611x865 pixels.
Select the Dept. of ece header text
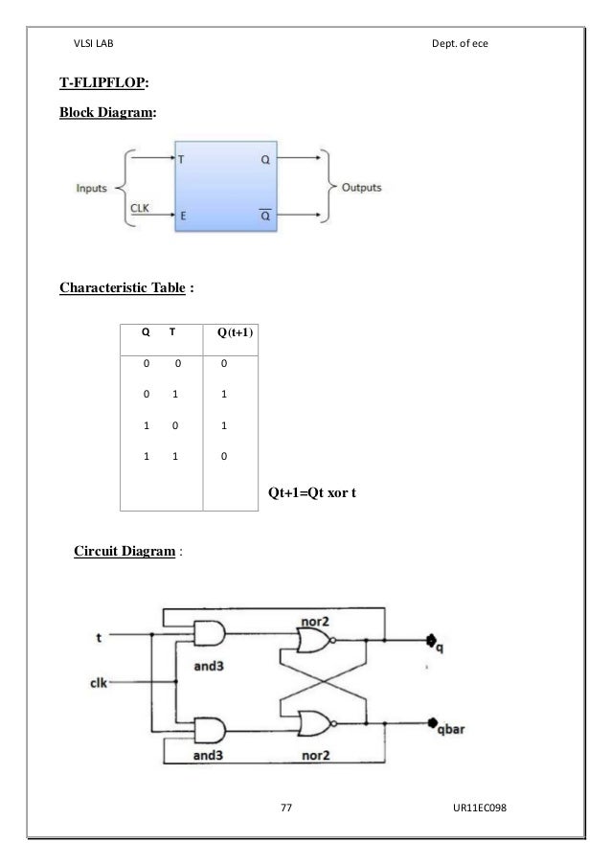[461, 45]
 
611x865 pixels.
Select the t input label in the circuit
[100, 635]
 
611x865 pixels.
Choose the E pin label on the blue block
[182, 216]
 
